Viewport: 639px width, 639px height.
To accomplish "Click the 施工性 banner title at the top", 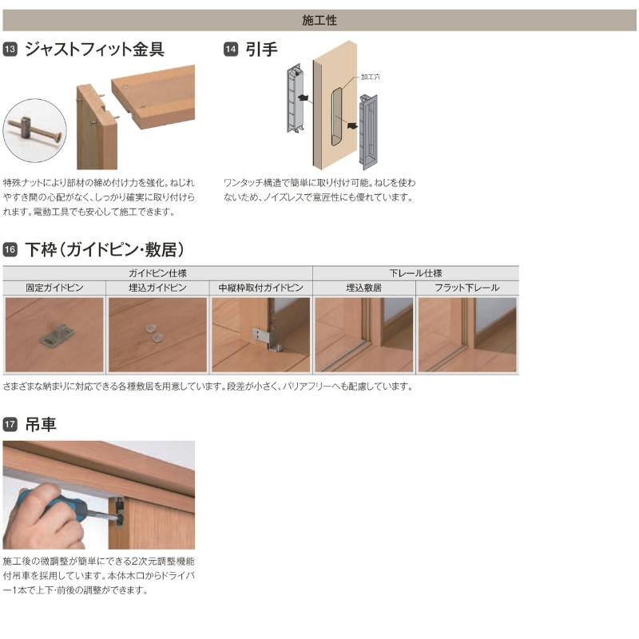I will click(x=319, y=20).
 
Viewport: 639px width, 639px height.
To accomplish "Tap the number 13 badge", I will click(x=10, y=50).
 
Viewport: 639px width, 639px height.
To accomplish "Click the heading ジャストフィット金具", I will click(x=94, y=50).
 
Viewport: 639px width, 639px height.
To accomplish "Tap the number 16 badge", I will click(x=10, y=249).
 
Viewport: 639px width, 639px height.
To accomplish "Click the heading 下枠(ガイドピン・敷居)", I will click(x=105, y=249).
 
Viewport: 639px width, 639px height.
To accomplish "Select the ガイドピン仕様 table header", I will click(x=157, y=272).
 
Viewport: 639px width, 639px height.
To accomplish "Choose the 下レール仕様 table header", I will click(x=415, y=272).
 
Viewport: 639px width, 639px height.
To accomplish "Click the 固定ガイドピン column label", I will click(x=54, y=287).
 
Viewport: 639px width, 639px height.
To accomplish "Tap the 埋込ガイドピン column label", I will click(x=157, y=287).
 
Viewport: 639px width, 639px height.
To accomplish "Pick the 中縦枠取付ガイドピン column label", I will click(x=260, y=287).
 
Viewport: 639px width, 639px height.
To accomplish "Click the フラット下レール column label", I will click(x=466, y=287).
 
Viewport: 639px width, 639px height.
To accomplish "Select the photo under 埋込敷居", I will click(x=363, y=335).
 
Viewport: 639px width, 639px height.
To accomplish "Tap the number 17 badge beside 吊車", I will click(x=10, y=425).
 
